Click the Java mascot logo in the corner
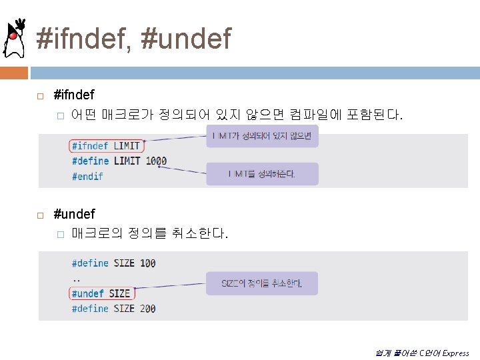point(14,38)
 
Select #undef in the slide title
point(187,38)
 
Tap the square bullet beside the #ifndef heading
point(40,97)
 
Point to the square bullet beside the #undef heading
point(40,215)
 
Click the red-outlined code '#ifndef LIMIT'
point(105,145)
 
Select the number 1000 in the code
point(156,161)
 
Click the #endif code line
point(87,176)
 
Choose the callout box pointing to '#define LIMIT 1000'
point(262,174)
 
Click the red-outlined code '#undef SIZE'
point(101,293)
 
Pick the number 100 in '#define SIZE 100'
point(148,263)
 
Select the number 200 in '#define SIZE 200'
point(148,309)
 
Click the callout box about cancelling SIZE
point(262,283)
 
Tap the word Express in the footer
point(456,353)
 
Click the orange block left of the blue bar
point(14,72)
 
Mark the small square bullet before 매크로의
point(59,234)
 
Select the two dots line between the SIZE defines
point(76,279)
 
